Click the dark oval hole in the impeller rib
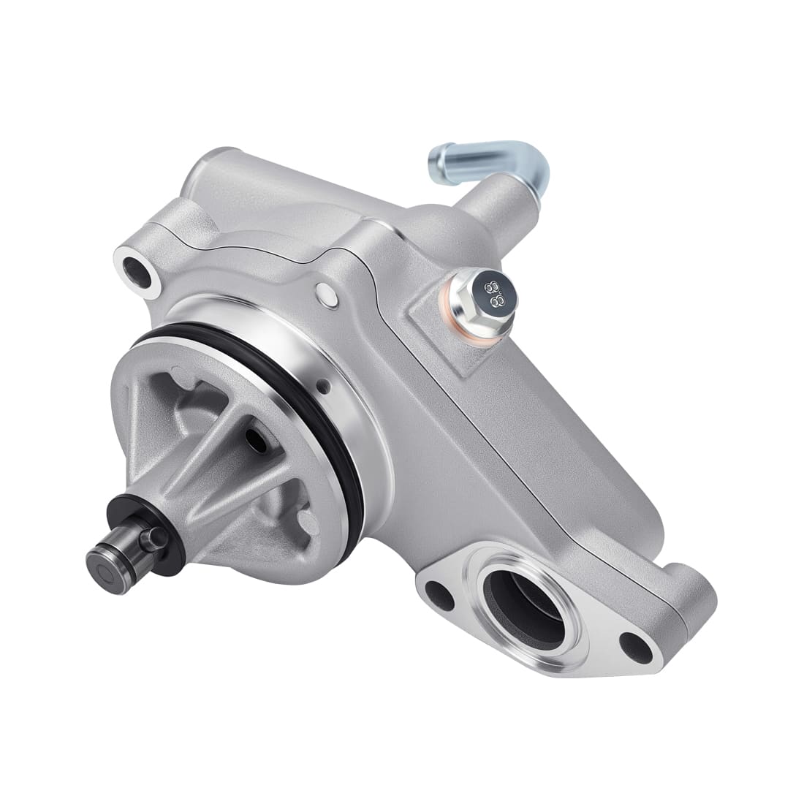(256, 438)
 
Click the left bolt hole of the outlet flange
(441, 594)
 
